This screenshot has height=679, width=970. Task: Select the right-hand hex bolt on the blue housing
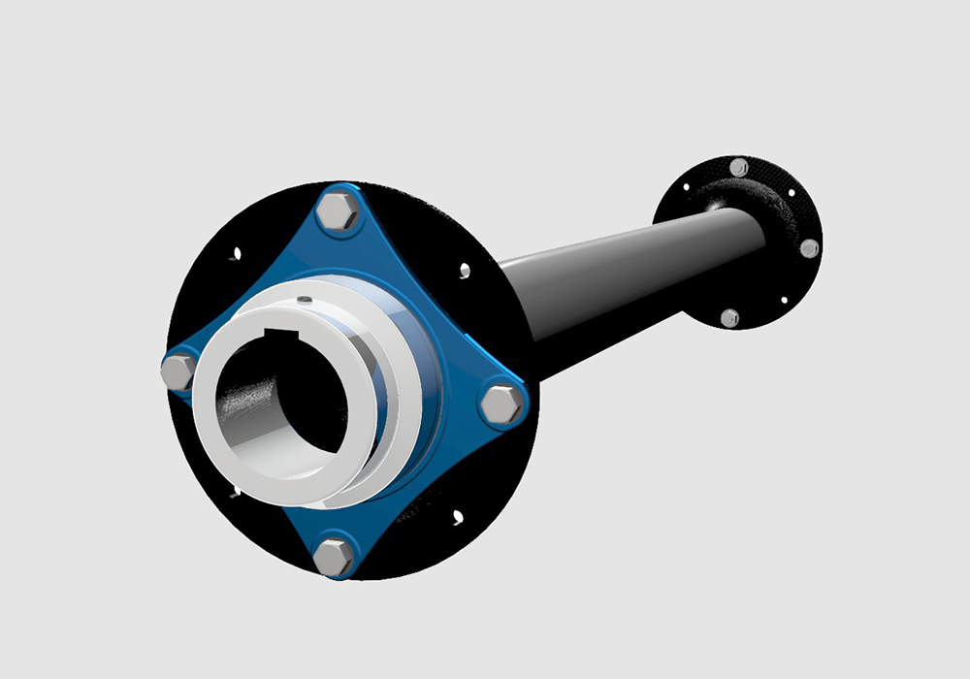click(501, 404)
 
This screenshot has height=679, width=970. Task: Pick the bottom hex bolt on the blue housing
click(335, 557)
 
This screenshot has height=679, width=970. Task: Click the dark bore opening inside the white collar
click(281, 407)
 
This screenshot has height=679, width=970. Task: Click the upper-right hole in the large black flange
click(465, 270)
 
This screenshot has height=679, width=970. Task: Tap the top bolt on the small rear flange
click(738, 167)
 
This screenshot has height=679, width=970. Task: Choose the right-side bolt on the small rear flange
click(809, 248)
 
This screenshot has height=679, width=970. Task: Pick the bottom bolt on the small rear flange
click(729, 317)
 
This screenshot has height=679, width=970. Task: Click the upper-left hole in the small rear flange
click(687, 185)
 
